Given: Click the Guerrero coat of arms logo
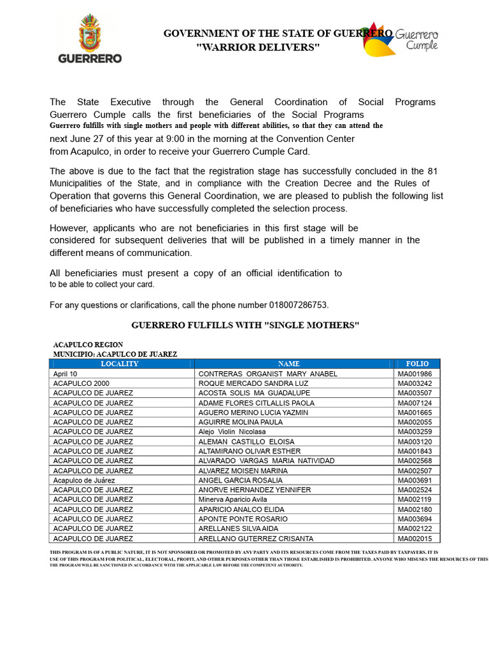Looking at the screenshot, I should (x=90, y=40).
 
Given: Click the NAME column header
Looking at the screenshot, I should (x=294, y=364).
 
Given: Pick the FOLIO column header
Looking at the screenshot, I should (x=416, y=364).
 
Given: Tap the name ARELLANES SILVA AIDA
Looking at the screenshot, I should (x=238, y=528).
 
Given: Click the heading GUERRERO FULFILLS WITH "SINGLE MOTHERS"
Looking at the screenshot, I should (x=245, y=325).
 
